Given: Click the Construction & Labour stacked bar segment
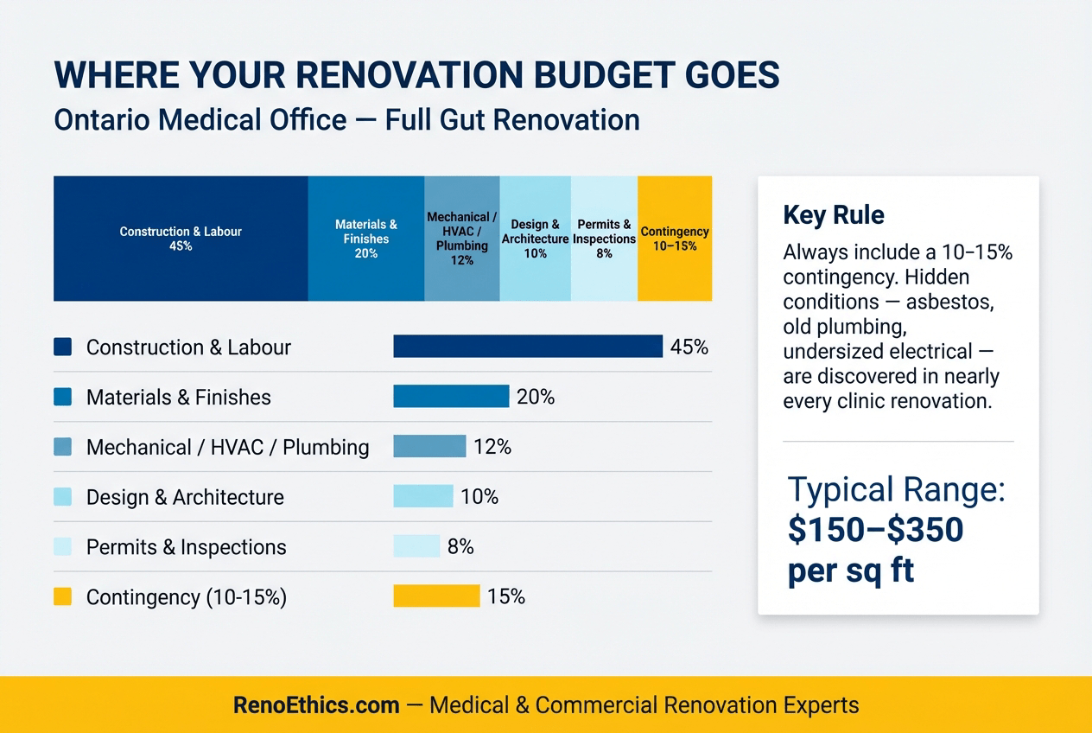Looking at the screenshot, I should pyautogui.click(x=181, y=239).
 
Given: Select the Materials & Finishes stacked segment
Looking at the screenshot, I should pyautogui.click(x=365, y=239).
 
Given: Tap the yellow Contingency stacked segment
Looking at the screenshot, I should pyautogui.click(x=675, y=239).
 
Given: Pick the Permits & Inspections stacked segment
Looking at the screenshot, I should pyautogui.click(x=604, y=239).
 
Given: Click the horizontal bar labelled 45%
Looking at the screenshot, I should pyautogui.click(x=527, y=347).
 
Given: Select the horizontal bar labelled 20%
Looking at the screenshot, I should pyautogui.click(x=450, y=397).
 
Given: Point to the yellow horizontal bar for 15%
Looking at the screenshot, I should pyautogui.click(x=436, y=596).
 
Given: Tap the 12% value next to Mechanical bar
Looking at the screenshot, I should pyautogui.click(x=492, y=447).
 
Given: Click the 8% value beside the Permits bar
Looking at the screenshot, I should pyautogui.click(x=460, y=547).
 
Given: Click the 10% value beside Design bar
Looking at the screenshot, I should pyautogui.click(x=479, y=497).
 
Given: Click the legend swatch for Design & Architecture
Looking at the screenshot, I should pyautogui.click(x=62, y=497).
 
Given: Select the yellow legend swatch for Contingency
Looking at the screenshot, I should pyautogui.click(x=62, y=597).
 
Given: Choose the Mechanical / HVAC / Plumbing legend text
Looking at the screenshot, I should pyautogui.click(x=227, y=448).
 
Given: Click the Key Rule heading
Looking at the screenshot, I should pyautogui.click(x=833, y=215).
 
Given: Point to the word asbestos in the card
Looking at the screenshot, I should pyautogui.click(x=967, y=302).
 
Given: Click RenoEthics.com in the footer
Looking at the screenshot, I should pyautogui.click(x=316, y=705).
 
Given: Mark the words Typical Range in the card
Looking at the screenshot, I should pyautogui.click(x=896, y=490).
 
